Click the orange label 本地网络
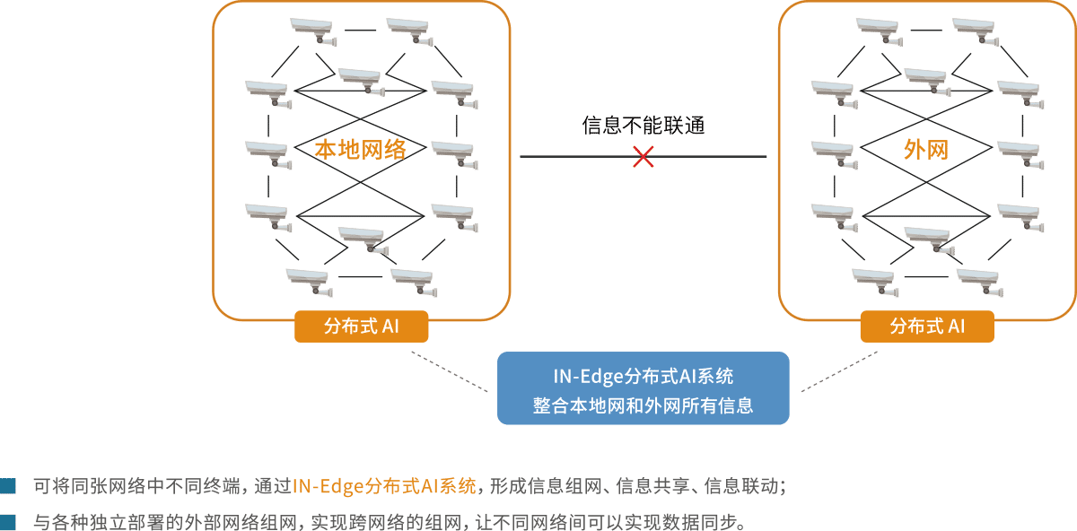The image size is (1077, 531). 360,150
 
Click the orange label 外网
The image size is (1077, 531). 925,150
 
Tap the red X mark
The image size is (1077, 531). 643,157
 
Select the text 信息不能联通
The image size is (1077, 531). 643,125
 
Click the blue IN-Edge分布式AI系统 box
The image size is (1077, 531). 643,387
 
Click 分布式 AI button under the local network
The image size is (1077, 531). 361,326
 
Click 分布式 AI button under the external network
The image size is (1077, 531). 927,326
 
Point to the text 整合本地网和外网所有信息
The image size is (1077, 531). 643,405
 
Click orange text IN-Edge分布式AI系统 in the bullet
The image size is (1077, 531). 384,487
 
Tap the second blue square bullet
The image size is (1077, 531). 8,520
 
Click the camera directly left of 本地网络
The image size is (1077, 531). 268,152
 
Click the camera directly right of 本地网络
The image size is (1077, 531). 453,152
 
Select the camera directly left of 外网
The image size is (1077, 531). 833,152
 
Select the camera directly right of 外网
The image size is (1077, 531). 1020,152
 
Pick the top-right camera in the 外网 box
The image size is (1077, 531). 975,30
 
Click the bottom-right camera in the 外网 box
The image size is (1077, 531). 978,280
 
